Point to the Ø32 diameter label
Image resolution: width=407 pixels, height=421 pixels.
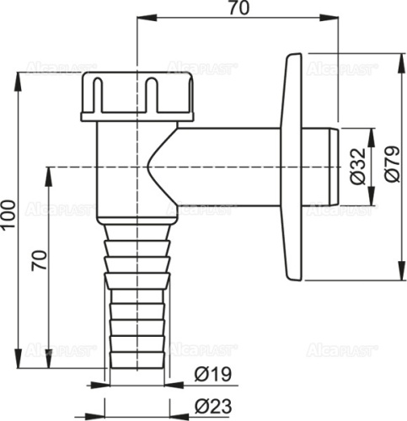[x=357, y=167]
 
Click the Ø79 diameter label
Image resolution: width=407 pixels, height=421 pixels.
[x=390, y=167]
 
